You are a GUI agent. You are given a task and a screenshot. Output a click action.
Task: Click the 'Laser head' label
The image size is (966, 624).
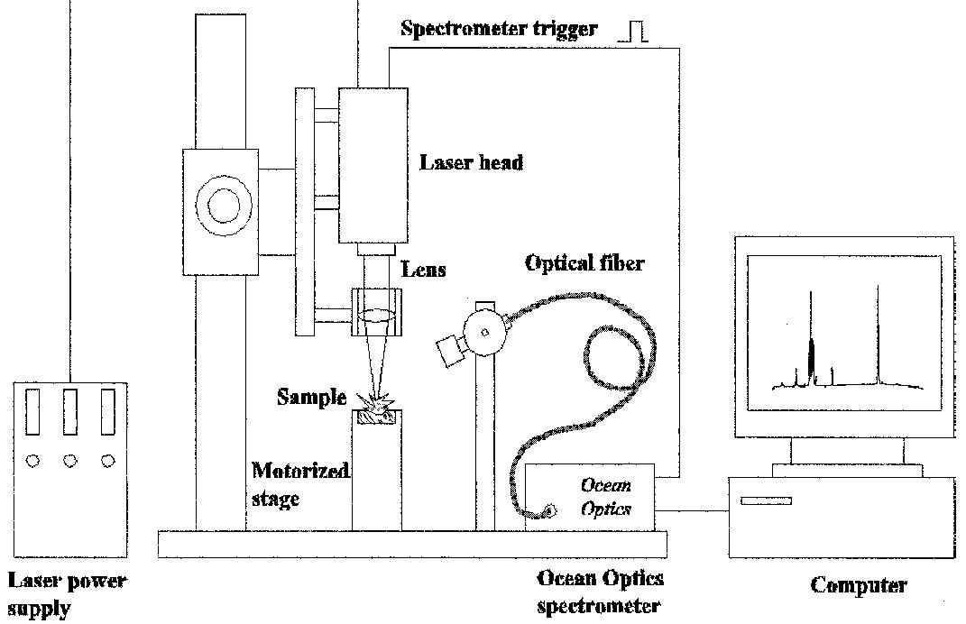[471, 163]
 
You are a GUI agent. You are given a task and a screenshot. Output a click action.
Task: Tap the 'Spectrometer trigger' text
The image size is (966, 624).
[499, 29]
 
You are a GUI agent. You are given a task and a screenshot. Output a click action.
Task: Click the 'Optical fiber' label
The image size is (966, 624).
[585, 264]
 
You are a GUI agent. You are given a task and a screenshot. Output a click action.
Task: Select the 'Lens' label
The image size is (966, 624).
[423, 269]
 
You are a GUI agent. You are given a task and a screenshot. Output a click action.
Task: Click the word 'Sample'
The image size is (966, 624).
[312, 397]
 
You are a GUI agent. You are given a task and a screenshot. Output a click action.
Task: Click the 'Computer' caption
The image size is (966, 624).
[858, 585]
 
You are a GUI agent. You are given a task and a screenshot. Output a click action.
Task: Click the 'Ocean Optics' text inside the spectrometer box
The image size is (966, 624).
[606, 497]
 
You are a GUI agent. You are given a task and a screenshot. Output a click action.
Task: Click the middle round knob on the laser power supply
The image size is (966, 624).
[70, 460]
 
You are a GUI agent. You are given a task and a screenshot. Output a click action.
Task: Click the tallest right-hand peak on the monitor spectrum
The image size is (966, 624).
[877, 334]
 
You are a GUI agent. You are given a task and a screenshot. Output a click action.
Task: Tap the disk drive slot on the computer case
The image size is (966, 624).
[766, 500]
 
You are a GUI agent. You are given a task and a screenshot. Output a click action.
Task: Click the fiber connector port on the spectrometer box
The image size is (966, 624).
[547, 512]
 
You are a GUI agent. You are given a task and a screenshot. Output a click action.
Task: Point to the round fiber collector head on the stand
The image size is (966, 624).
[483, 332]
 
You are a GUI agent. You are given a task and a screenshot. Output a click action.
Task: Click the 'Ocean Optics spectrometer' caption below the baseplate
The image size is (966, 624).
[600, 591]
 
